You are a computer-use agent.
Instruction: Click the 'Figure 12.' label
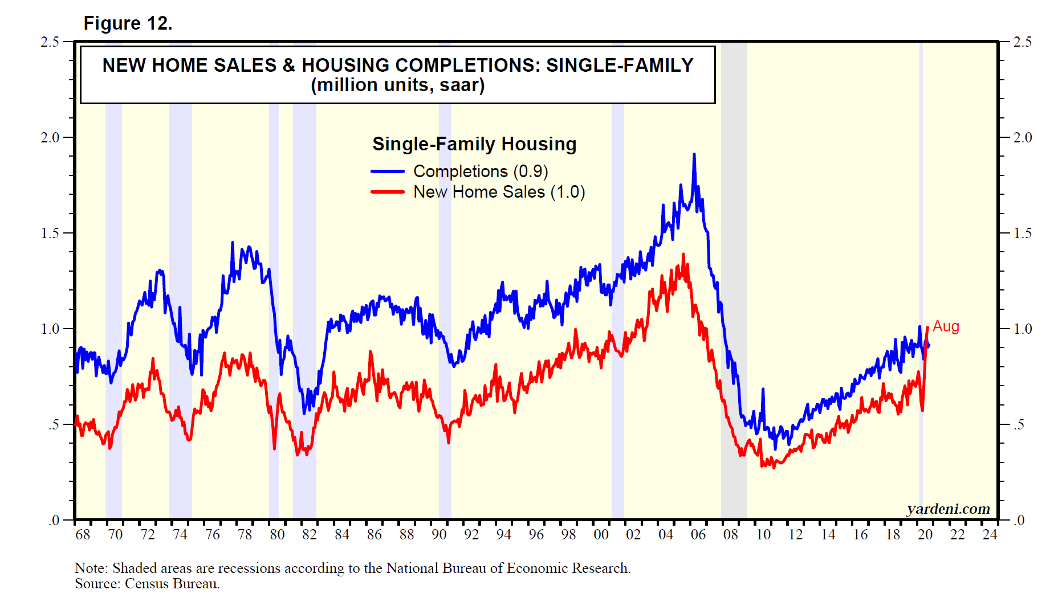pos(128,23)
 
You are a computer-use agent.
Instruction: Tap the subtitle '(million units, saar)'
pos(397,85)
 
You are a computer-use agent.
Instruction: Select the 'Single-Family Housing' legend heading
pos(474,144)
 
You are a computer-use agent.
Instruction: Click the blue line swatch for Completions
pos(388,171)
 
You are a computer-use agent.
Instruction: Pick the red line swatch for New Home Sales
pos(388,192)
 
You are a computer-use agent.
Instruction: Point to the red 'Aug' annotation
pos(946,326)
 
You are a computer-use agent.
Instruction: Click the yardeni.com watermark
pos(948,509)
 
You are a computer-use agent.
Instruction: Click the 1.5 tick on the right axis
pos(1023,233)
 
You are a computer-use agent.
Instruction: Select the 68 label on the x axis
pos(83,535)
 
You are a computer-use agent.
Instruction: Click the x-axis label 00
pos(601,535)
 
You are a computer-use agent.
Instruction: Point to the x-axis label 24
pos(990,535)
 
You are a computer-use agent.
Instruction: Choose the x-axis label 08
pos(730,535)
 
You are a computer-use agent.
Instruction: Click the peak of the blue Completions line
pos(694,154)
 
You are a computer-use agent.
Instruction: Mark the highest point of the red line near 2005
pos(683,255)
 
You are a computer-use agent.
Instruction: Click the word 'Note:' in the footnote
pos(91,568)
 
